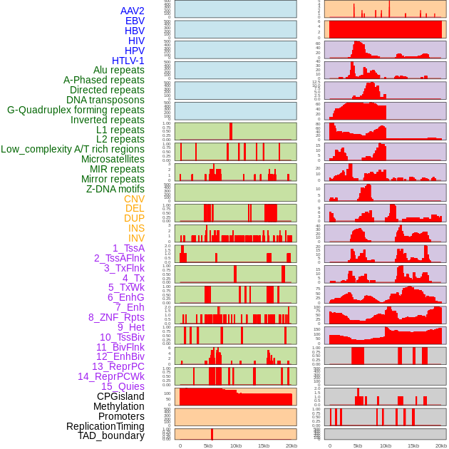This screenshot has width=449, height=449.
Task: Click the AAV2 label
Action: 132,11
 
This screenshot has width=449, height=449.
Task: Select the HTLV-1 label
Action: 128,61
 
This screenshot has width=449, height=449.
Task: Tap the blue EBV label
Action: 135,21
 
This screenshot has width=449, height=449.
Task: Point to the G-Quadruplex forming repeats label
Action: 76,110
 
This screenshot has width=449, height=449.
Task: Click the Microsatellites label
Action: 113,159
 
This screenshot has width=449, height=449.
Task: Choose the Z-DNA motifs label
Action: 115,189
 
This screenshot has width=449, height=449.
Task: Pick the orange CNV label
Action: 134,199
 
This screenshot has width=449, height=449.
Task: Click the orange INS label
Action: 136,228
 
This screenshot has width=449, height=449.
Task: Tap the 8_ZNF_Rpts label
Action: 116,317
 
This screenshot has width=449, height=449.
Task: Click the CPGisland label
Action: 120,396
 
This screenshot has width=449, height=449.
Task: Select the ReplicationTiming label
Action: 105,425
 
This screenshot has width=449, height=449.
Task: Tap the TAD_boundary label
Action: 110,435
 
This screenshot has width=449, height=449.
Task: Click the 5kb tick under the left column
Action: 208,445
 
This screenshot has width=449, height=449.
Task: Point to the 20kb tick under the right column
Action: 441,445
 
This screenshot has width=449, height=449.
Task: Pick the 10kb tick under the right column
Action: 386,445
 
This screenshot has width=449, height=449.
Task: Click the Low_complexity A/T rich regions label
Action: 72,149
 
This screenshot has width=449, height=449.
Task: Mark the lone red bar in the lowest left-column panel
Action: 212,434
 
